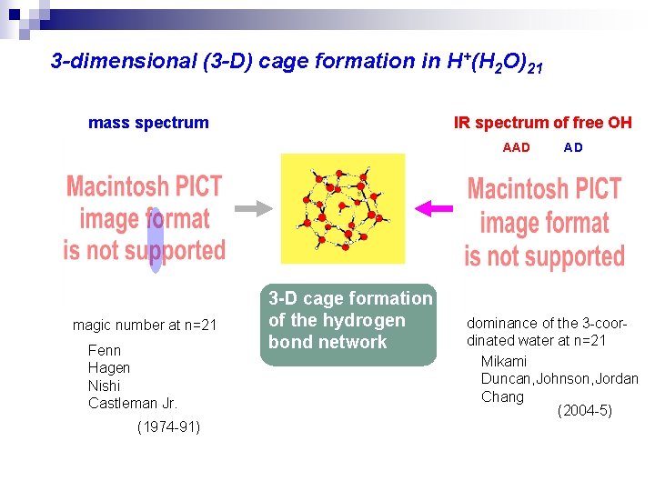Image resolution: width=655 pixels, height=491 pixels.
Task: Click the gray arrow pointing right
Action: click(260, 208)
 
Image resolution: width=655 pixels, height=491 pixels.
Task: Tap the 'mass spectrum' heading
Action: click(148, 123)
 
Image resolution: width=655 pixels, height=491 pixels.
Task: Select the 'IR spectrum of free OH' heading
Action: click(542, 123)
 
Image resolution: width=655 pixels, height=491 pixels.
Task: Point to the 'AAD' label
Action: click(516, 147)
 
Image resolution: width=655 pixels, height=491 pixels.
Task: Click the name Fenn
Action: click(105, 350)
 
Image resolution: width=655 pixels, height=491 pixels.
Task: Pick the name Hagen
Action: click(109, 367)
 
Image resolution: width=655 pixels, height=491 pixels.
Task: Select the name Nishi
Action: click(104, 386)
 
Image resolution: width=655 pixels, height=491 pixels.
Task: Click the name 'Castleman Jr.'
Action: click(133, 403)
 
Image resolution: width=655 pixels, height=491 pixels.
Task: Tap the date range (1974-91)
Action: click(168, 426)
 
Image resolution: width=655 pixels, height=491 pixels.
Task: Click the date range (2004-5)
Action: click(584, 411)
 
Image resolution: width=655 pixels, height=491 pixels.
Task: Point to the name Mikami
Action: click(504, 361)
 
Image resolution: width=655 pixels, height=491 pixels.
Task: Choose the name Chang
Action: click(502, 396)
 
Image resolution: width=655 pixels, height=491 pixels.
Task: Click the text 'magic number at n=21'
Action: click(145, 325)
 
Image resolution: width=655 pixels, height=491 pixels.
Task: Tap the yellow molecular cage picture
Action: click(342, 208)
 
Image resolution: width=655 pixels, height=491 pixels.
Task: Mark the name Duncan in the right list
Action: click(508, 378)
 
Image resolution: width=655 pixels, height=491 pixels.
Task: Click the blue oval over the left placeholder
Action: click(156, 240)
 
